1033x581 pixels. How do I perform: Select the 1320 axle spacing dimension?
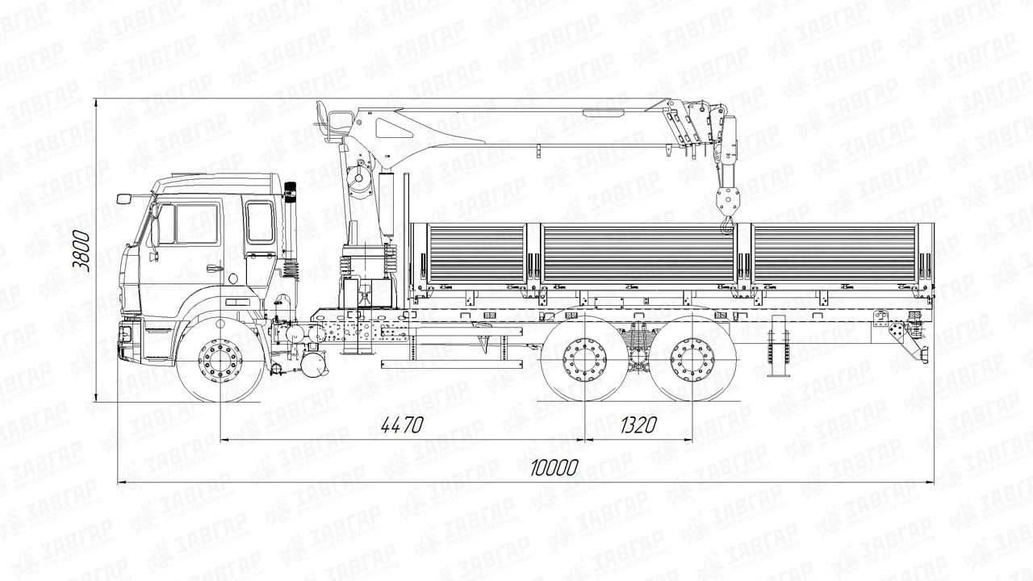click(638, 425)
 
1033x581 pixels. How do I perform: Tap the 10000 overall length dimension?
click(555, 467)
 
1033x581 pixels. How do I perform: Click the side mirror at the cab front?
click(124, 199)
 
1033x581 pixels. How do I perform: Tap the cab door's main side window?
click(196, 224)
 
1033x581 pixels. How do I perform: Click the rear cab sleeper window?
click(259, 222)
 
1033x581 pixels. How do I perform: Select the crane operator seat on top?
click(325, 119)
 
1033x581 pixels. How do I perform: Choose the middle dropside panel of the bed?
click(638, 253)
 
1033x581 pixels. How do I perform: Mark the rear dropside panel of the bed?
click(834, 253)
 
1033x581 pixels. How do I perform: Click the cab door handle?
click(215, 269)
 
